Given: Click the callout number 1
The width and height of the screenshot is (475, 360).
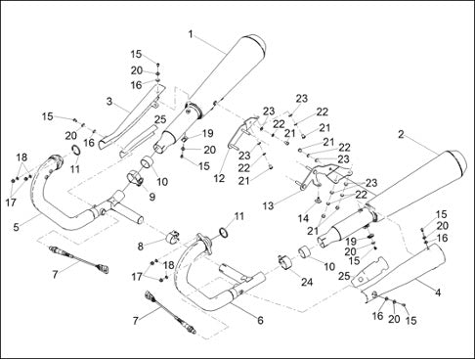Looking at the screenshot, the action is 191,34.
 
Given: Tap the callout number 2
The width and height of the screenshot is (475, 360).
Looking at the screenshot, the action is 401,134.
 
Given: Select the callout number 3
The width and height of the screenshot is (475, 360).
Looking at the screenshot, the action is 109,102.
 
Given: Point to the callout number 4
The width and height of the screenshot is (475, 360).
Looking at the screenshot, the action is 438,292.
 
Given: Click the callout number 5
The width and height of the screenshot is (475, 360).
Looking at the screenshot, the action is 17,227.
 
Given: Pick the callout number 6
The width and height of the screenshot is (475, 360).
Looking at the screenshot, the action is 260,320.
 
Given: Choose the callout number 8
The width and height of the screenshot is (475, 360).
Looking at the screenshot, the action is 141,247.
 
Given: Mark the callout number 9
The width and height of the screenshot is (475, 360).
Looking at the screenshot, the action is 152,197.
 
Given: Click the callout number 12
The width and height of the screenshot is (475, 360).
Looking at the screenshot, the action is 220,178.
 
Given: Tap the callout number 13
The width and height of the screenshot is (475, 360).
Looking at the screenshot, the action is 269,206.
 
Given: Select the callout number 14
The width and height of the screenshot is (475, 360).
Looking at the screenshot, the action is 303,218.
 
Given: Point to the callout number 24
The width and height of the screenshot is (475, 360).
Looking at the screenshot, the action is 307,282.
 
